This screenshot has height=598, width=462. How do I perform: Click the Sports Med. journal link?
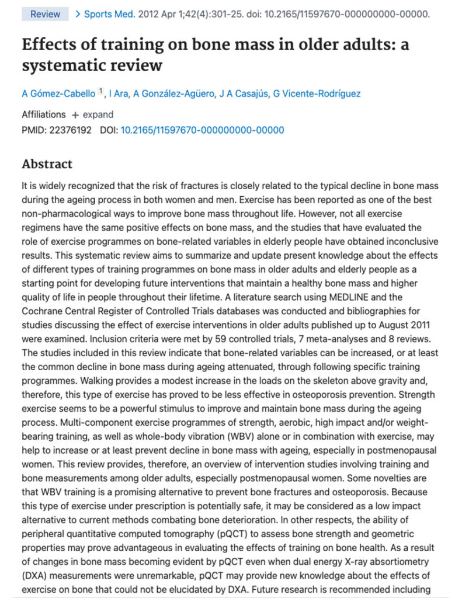click(110, 14)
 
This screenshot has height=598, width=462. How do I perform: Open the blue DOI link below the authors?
click(202, 130)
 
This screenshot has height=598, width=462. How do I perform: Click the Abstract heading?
click(47, 164)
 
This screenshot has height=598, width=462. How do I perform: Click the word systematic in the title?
click(65, 65)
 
